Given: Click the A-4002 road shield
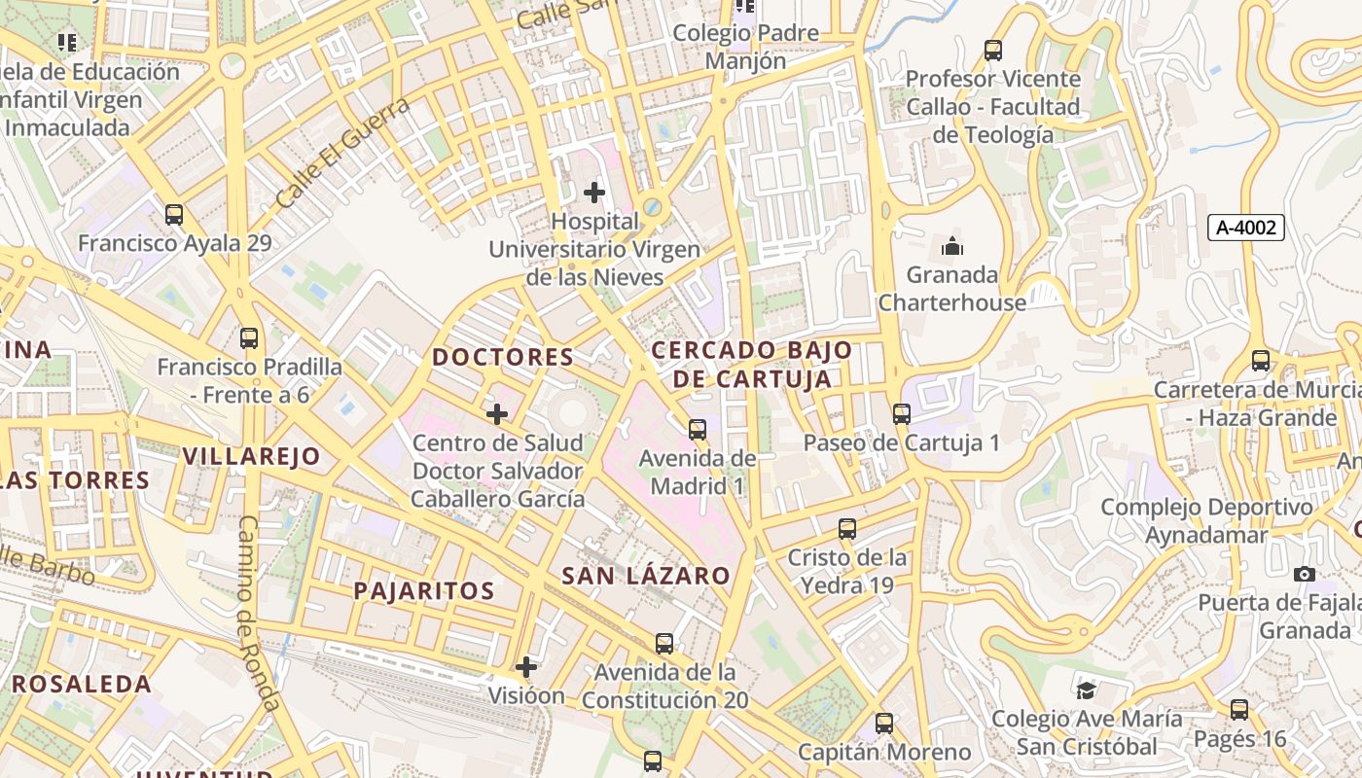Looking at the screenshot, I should click(x=1246, y=228).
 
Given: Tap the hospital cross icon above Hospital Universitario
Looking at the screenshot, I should click(x=593, y=193).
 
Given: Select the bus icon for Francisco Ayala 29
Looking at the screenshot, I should click(x=174, y=215).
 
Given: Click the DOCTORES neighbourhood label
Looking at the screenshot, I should click(x=503, y=357).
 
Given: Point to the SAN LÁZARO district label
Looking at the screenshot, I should click(x=645, y=576).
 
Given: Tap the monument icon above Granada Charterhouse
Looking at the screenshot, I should click(x=952, y=245).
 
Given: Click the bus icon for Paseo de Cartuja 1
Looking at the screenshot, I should click(x=902, y=413).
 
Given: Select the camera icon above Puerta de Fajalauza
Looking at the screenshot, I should click(x=1305, y=574).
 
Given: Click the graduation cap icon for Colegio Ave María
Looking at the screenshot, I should click(x=1086, y=690).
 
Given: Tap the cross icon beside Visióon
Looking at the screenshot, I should click(x=526, y=667).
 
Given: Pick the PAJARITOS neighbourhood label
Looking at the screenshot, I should click(x=423, y=590).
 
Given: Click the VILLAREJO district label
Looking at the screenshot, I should click(x=251, y=456).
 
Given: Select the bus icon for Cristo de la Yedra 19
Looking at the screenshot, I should click(x=847, y=529).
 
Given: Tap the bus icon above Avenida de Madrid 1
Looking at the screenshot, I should click(x=698, y=429).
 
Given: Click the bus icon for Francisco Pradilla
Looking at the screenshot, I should click(x=249, y=338).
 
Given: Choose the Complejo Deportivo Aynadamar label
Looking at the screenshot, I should click(x=1206, y=521).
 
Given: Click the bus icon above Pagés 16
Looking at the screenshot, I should click(x=1238, y=710).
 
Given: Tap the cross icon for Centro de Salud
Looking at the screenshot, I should click(x=497, y=414).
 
